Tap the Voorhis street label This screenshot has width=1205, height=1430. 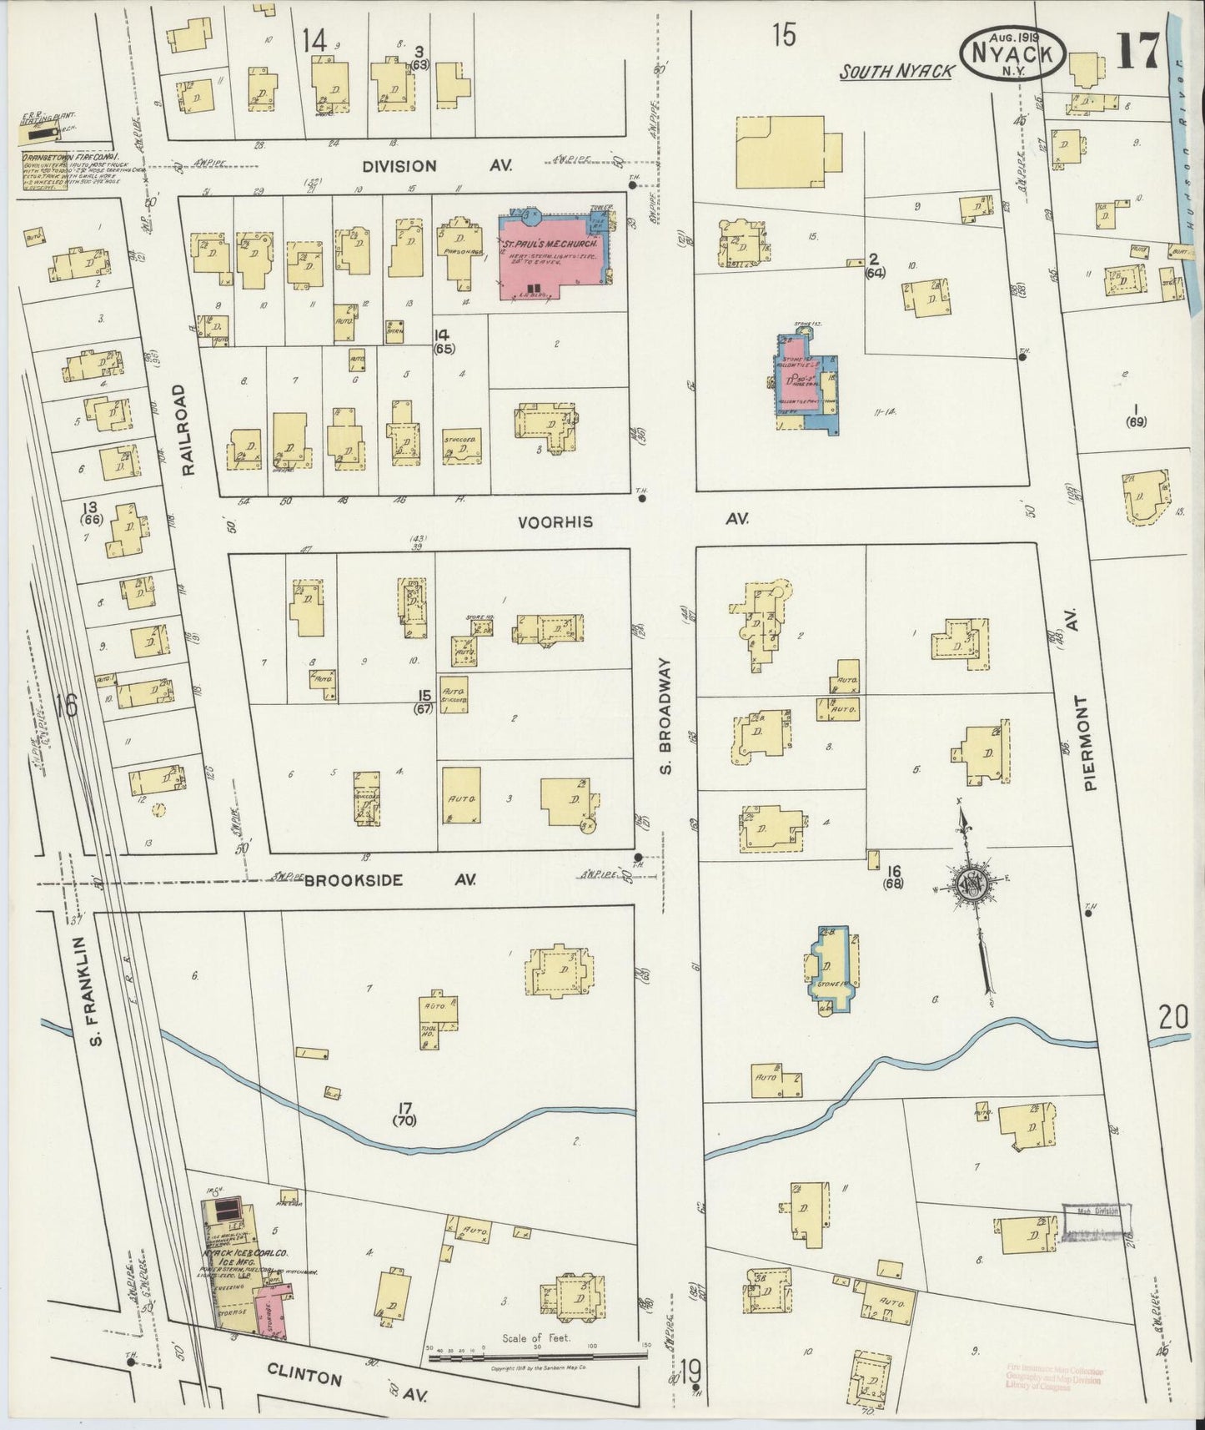pos(555,522)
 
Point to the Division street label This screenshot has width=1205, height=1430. pos(399,166)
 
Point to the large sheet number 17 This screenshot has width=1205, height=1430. pos(1137,53)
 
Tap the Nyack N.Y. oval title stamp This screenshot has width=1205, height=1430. pos(1013,53)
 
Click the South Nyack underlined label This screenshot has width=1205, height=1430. pos(896,73)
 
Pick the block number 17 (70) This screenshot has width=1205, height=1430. pos(406,1114)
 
